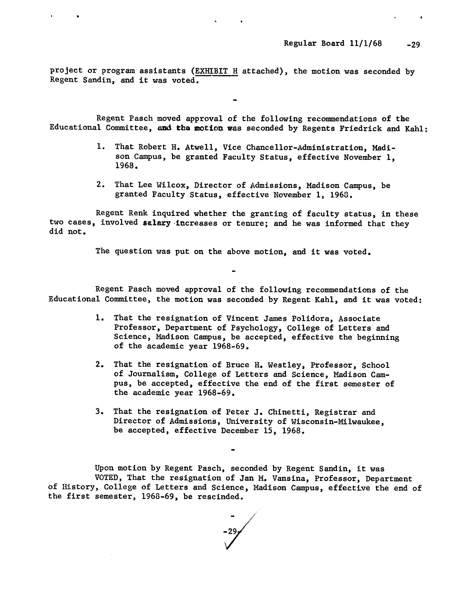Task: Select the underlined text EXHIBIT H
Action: [216, 71]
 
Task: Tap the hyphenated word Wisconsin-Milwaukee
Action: [337, 421]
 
